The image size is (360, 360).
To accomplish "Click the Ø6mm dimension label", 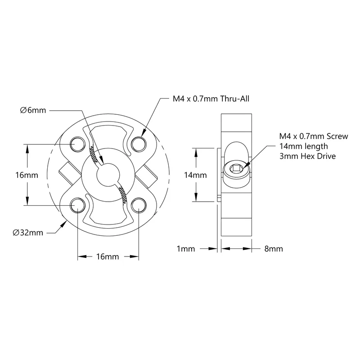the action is click(x=33, y=110).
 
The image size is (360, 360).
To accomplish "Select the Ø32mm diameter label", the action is click(x=28, y=233).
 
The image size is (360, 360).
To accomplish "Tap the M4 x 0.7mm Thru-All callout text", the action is click(x=211, y=99).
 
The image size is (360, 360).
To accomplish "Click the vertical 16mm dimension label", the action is click(x=27, y=175).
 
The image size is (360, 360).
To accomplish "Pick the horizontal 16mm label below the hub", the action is click(x=108, y=256).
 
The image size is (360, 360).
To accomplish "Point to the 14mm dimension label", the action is click(x=195, y=175).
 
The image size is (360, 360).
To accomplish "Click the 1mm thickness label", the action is click(x=186, y=249).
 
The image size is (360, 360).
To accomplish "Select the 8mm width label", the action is click(x=274, y=249).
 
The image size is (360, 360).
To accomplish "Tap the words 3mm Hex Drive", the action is click(x=308, y=156).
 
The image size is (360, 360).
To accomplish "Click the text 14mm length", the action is click(x=303, y=147).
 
